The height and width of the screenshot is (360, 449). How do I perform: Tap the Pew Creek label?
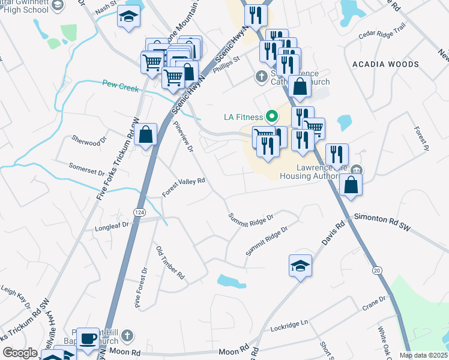(120, 86)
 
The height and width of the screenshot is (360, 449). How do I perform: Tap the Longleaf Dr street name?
(112, 227)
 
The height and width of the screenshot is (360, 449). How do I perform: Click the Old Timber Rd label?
(170, 262)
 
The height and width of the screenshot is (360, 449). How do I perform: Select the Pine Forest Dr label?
(141, 288)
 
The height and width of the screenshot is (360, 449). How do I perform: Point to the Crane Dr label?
(373, 303)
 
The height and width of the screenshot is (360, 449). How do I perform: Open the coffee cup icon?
(88, 338)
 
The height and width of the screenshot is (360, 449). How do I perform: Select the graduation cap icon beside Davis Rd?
(300, 265)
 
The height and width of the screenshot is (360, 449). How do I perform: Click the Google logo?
(20, 353)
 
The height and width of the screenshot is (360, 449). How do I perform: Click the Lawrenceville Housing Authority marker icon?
(357, 170)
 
